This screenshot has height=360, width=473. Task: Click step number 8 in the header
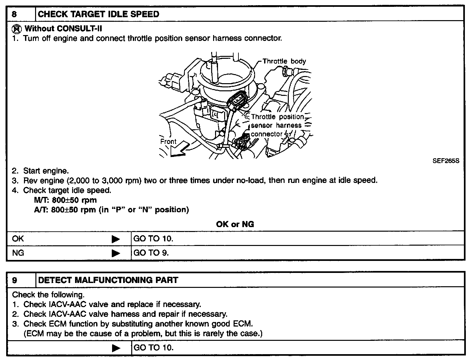pyautogui.click(x=14, y=14)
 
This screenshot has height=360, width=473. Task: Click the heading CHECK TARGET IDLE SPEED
pyautogui.click(x=98, y=14)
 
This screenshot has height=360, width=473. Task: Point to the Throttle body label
pyautogui.click(x=284, y=61)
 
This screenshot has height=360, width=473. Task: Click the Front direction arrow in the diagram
pyautogui.click(x=178, y=150)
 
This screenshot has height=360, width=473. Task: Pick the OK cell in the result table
pyautogui.click(x=18, y=239)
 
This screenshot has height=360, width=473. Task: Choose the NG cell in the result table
pyautogui.click(x=18, y=253)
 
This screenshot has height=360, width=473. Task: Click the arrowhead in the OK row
pyautogui.click(x=116, y=239)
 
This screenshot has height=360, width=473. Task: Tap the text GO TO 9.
pyautogui.click(x=151, y=253)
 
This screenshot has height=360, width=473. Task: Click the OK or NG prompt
pyautogui.click(x=235, y=224)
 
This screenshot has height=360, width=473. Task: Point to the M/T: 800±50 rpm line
pyautogui.click(x=65, y=200)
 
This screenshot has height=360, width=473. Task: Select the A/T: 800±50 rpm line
pyautogui.click(x=111, y=210)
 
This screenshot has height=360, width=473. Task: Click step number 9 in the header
pyautogui.click(x=14, y=280)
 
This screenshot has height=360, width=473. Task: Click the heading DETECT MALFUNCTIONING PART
pyautogui.click(x=108, y=280)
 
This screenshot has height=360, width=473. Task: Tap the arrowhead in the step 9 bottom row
pyautogui.click(x=116, y=348)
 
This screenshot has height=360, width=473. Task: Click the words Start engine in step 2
pyautogui.click(x=46, y=171)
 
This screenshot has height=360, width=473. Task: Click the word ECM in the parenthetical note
pyautogui.click(x=34, y=334)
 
